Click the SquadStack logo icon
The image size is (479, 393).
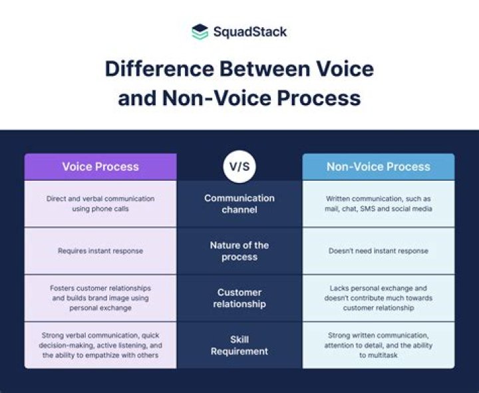[x=200, y=31]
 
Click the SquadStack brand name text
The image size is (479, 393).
[x=249, y=31]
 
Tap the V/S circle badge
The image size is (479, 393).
[x=239, y=166]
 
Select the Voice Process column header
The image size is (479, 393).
[x=100, y=167]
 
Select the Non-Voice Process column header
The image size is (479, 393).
[x=378, y=167]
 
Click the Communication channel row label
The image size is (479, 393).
[x=239, y=204]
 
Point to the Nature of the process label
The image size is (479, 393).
[x=239, y=251]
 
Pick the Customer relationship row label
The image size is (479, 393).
[x=239, y=298]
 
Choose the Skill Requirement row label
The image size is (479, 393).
[x=239, y=345]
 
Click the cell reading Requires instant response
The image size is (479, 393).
[x=100, y=251]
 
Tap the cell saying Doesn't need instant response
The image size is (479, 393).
[x=378, y=251]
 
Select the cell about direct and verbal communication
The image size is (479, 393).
[x=100, y=203]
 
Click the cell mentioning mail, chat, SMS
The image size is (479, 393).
[x=378, y=203]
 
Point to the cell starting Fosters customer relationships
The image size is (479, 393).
[x=100, y=298]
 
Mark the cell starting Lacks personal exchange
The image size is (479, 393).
[x=378, y=298]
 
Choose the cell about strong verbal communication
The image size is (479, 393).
[x=100, y=345]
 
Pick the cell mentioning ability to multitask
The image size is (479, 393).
[x=378, y=345]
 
